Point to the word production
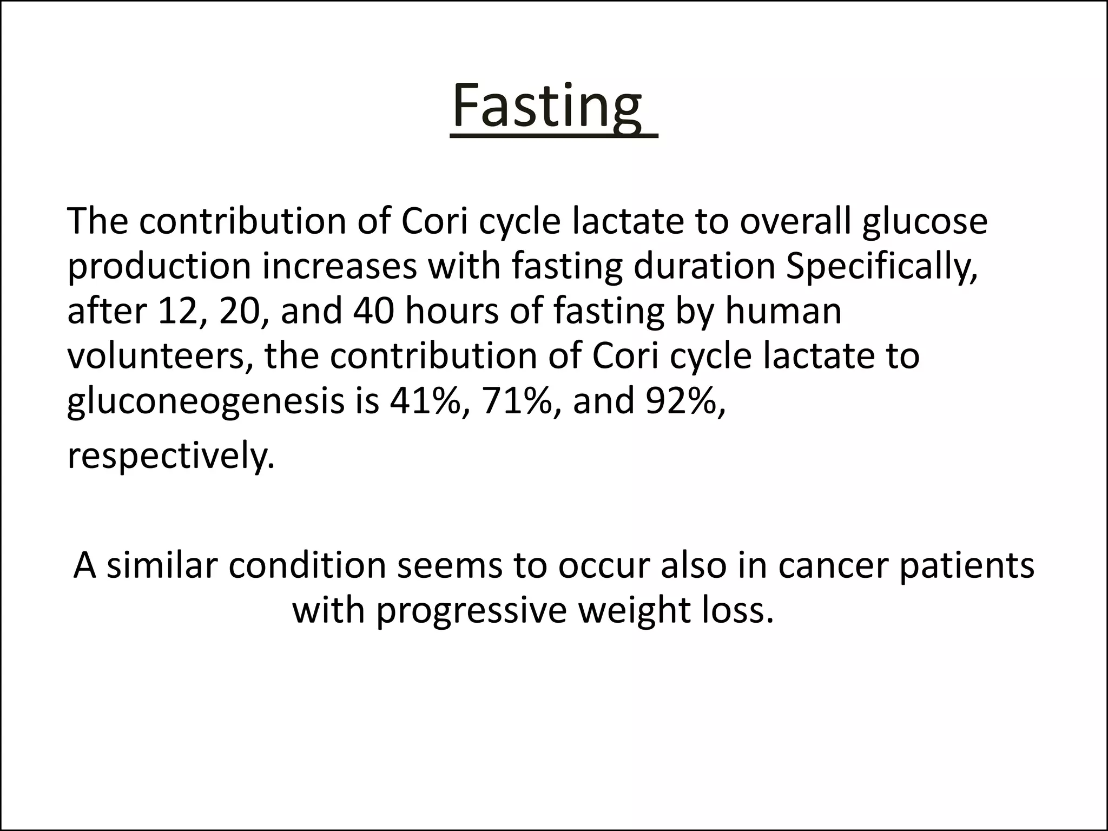pos(159,267)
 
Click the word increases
pos(340,266)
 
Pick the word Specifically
pos(881,267)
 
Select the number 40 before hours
pos(374,312)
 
